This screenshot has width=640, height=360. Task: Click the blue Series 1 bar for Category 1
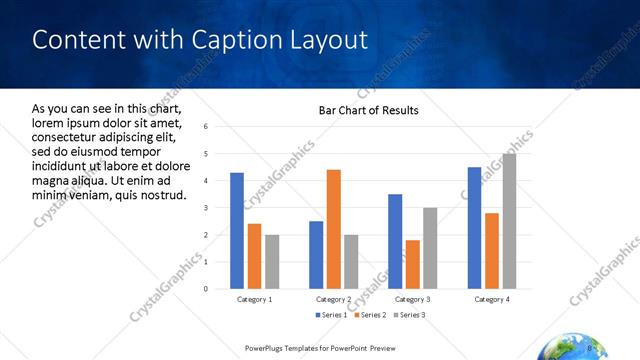click(x=237, y=231)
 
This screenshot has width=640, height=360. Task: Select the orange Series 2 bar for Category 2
click(x=333, y=229)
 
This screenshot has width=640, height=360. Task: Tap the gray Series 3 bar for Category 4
click(x=509, y=221)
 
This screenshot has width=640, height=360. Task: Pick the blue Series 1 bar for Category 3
click(x=395, y=241)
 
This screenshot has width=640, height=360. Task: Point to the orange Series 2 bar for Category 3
click(x=412, y=264)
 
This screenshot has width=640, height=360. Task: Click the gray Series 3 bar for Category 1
click(x=272, y=262)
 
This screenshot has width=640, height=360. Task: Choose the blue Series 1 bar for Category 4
click(x=474, y=228)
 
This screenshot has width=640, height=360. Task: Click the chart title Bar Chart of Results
click(x=368, y=110)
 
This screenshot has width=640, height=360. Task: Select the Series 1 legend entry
click(x=332, y=315)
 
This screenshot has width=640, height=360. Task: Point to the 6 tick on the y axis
click(x=204, y=127)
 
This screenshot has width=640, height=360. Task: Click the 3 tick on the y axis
click(x=204, y=208)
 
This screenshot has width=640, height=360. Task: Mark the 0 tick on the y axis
click(x=204, y=289)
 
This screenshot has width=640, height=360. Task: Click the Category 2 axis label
click(x=333, y=299)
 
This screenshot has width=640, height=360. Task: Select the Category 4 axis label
click(x=491, y=299)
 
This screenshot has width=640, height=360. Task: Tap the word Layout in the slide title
click(x=330, y=41)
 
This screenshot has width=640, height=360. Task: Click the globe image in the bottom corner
click(x=566, y=349)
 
